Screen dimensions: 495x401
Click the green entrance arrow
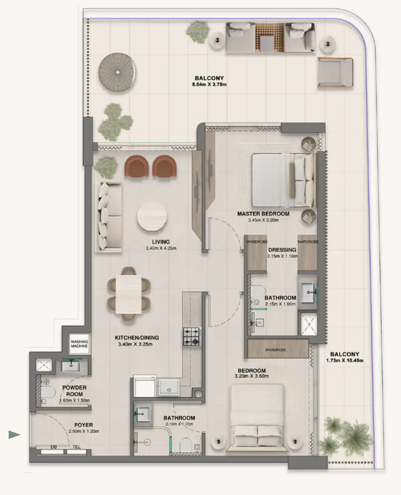(x=14, y=434)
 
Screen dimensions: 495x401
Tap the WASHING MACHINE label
(x=79, y=344)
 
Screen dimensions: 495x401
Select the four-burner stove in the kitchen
(x=192, y=336)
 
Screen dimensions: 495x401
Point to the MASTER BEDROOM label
(x=263, y=214)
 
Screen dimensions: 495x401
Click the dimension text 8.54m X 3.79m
(x=209, y=84)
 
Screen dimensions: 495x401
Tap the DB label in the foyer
(x=54, y=447)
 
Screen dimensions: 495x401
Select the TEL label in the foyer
(x=76, y=447)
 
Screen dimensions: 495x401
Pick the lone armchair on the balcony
(x=335, y=72)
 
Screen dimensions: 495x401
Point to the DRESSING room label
(x=282, y=250)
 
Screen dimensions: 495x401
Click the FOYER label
(x=84, y=425)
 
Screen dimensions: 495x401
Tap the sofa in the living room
(x=109, y=216)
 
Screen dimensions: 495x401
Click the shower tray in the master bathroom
(x=309, y=323)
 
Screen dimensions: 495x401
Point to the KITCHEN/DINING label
(x=137, y=337)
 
